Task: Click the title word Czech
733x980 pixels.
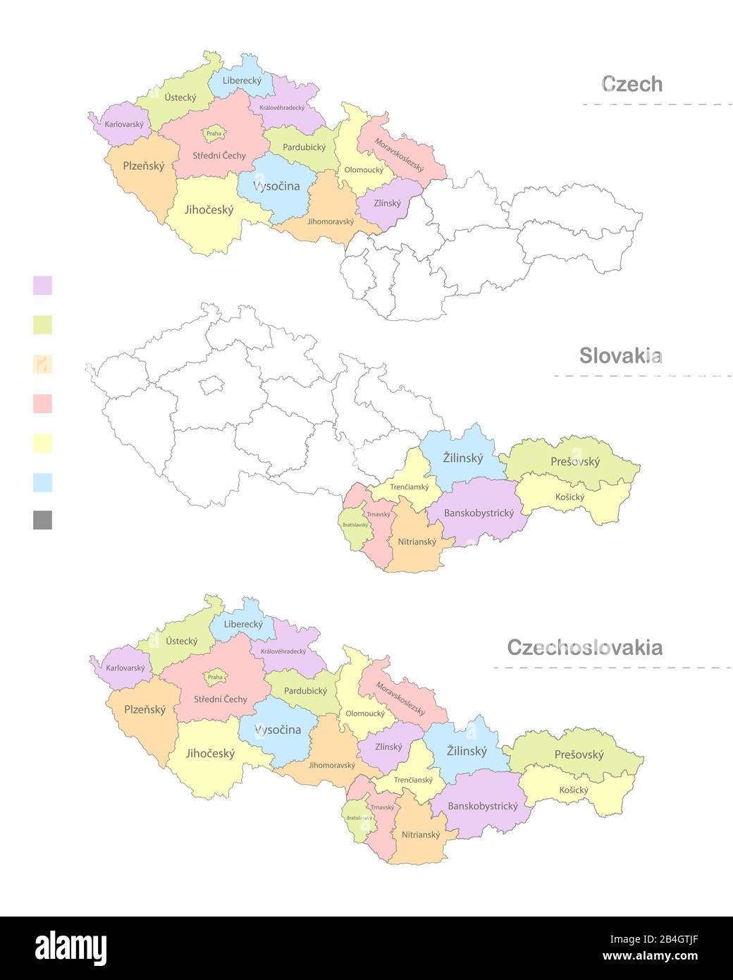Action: click(632, 84)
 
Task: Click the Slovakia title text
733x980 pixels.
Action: click(620, 355)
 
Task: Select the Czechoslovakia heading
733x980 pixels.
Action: click(584, 647)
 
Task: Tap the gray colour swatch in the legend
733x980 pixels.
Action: click(42, 520)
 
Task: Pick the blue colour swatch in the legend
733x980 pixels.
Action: click(42, 482)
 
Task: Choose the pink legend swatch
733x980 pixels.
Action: click(42, 404)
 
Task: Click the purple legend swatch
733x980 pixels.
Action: click(42, 286)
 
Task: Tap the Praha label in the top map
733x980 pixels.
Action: click(214, 133)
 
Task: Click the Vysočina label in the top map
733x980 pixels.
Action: click(276, 186)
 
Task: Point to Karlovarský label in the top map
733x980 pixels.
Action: click(124, 125)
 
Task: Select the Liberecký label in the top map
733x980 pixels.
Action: click(242, 80)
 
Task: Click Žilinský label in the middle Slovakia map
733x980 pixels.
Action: click(463, 458)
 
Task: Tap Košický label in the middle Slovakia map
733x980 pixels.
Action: click(569, 497)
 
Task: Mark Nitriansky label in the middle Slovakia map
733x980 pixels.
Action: click(417, 542)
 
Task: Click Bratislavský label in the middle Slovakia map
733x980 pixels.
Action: click(355, 525)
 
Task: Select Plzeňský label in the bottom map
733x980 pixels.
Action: click(144, 710)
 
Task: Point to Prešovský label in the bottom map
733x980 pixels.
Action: click(579, 754)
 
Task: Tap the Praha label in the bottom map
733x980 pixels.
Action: click(215, 677)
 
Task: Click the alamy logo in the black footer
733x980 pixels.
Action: click(70, 948)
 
